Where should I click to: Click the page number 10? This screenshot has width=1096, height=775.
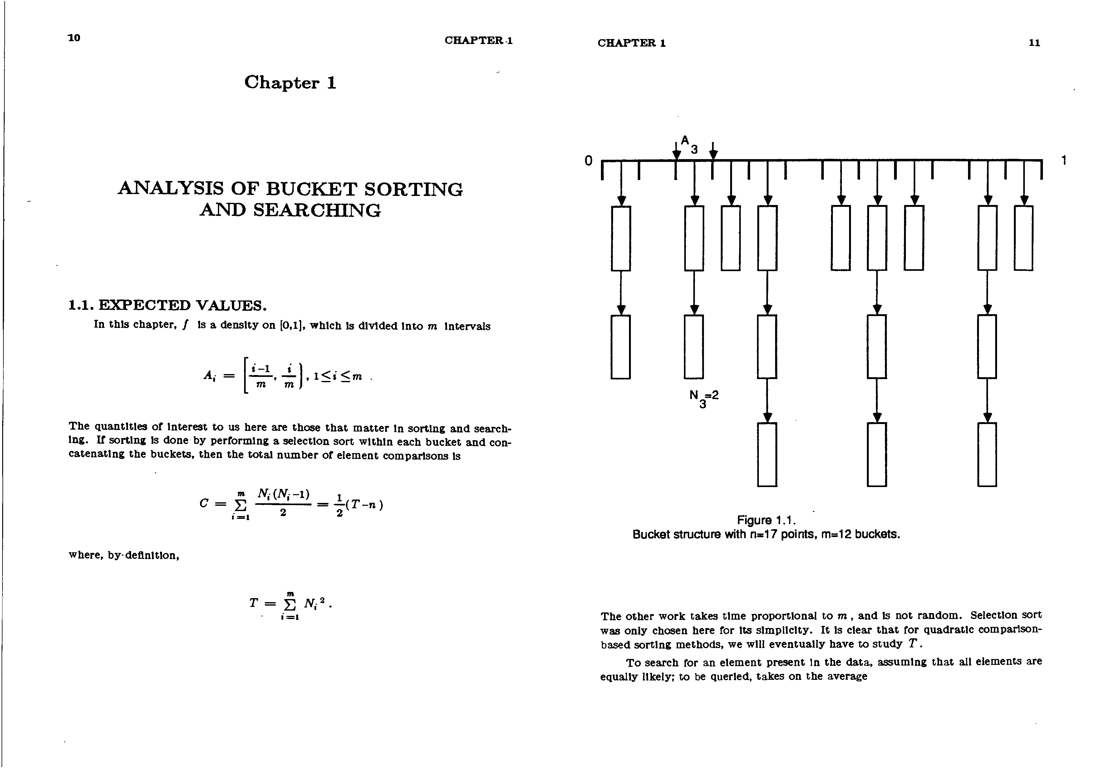[74, 38]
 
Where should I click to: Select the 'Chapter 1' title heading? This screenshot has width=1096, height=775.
[290, 83]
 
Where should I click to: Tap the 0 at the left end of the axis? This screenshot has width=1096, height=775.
[588, 161]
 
